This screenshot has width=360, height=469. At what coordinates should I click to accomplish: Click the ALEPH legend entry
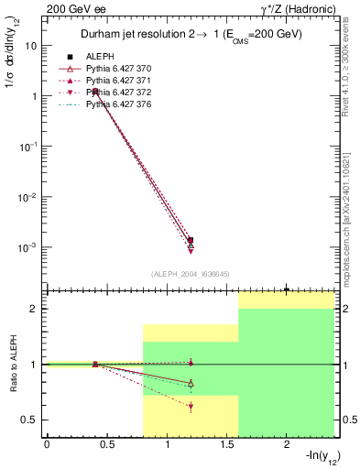click(x=101, y=56)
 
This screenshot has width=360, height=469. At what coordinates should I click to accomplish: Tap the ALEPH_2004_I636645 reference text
click(x=190, y=274)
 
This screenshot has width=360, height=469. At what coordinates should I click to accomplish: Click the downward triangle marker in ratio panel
click(x=191, y=407)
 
